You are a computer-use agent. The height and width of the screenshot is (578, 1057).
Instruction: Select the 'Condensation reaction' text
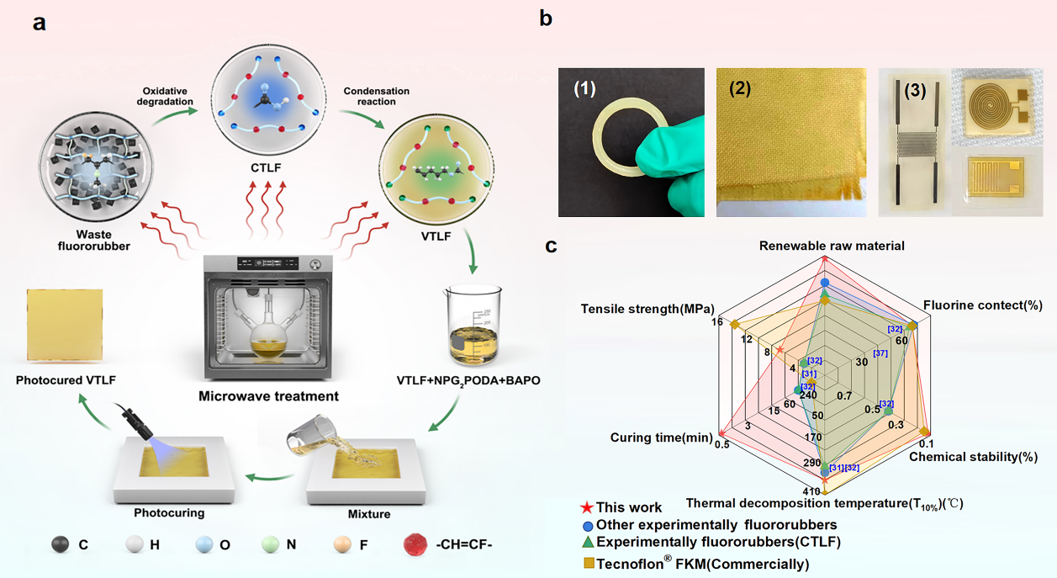pyautogui.click(x=376, y=97)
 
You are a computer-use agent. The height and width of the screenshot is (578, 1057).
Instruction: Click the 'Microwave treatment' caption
pyautogui.click(x=268, y=395)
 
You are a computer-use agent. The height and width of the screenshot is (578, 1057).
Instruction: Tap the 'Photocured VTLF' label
pyautogui.click(x=66, y=380)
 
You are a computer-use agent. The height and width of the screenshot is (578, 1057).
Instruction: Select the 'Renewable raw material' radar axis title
pyautogui.click(x=832, y=247)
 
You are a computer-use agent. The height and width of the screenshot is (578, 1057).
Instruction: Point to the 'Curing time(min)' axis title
pyautogui.click(x=661, y=437)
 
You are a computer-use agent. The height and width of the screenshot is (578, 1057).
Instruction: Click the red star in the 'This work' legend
pyautogui.click(x=587, y=507)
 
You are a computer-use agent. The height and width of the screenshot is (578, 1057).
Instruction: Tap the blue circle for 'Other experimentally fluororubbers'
pyautogui.click(x=587, y=526)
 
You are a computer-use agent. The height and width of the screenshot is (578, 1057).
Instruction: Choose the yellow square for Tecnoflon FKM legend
pyautogui.click(x=587, y=563)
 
